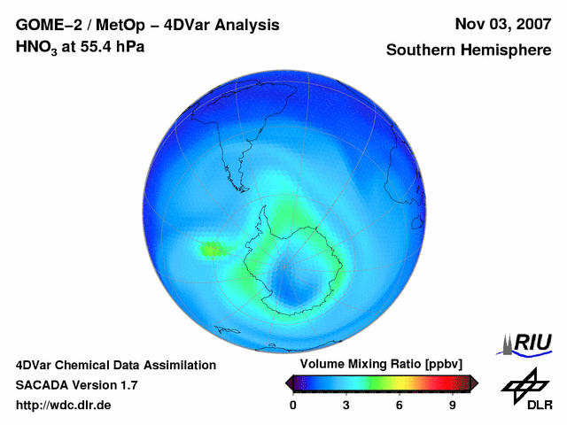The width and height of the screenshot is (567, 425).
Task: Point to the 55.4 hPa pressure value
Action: click(x=110, y=46)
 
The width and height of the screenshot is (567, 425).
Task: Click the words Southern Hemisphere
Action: click(x=468, y=50)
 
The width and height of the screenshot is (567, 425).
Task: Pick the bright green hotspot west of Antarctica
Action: click(x=212, y=251)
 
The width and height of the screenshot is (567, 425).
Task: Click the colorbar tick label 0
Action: click(x=293, y=405)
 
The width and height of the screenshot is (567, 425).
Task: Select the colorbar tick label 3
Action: click(x=346, y=405)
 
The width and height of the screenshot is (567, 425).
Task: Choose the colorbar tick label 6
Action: click(x=400, y=405)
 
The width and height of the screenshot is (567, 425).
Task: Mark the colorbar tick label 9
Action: click(x=453, y=405)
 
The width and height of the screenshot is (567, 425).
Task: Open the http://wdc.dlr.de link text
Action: click(x=64, y=406)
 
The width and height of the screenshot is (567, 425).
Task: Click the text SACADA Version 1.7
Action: click(x=76, y=385)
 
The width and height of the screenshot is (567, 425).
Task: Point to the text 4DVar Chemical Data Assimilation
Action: click(x=115, y=365)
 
